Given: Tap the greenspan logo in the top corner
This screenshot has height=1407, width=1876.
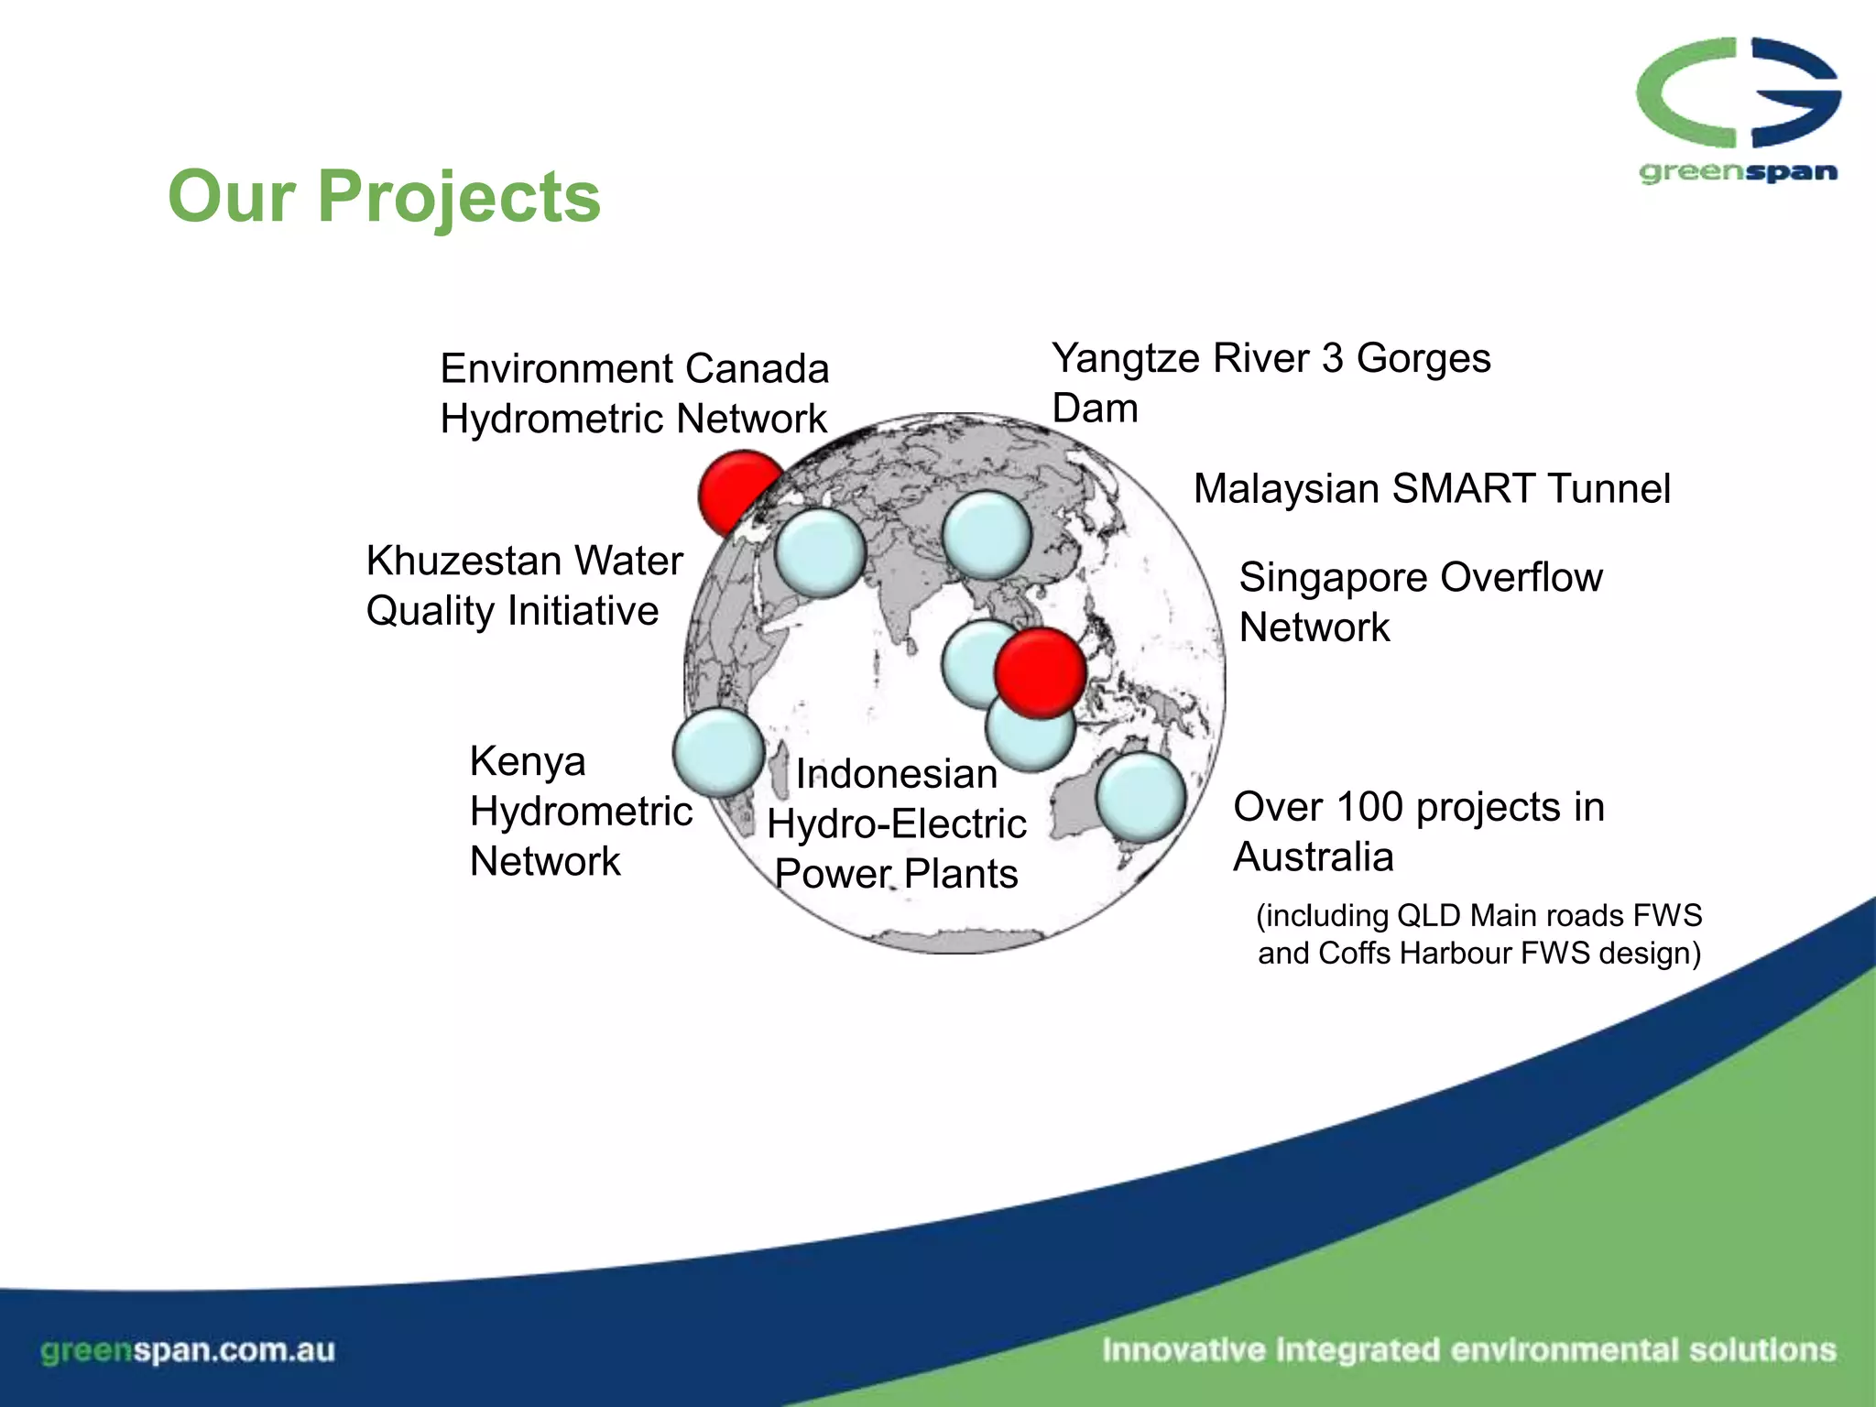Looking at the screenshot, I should point(1738,110).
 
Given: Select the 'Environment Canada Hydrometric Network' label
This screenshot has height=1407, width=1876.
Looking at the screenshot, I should point(634,394).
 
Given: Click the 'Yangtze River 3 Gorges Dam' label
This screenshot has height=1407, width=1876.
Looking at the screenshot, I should point(1270,382).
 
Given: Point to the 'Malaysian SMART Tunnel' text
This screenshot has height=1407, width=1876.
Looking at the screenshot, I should point(1431,488).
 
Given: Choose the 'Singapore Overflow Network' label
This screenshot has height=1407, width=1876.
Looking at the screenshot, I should point(1420,602).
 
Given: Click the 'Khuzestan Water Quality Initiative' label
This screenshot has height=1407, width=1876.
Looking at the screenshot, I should point(524,585).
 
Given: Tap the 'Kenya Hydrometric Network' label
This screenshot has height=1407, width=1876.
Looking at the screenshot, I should point(579,811).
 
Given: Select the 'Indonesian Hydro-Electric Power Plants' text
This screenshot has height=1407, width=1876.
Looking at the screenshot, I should point(896,823).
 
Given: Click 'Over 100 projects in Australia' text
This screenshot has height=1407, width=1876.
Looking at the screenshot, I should point(1418,831).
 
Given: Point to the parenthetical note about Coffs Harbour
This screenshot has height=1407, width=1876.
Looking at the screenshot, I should point(1478,934).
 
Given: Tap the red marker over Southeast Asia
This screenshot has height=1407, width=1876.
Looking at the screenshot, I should point(1041,672).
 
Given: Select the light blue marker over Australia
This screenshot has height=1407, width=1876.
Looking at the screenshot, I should point(1140,797).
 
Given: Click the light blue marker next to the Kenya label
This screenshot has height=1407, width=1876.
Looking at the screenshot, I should point(718,752).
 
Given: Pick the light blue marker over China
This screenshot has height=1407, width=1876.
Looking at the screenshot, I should point(987,535).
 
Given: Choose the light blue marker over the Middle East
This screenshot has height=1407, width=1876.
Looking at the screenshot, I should point(820,553).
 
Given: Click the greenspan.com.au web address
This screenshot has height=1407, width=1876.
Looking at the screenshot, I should point(188,1350).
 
